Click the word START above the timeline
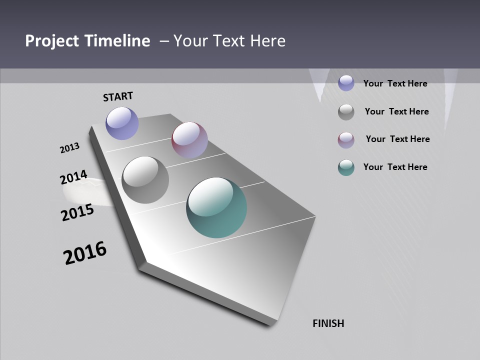118,96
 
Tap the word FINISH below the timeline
328,323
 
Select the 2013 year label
70,148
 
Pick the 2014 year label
73,177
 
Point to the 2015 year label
77,212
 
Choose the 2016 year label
85,253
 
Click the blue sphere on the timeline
122,123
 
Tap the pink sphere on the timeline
189,139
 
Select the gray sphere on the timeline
145,180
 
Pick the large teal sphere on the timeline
216,207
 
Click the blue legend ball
346,83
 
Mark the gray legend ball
346,112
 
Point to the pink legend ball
346,140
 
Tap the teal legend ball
346,167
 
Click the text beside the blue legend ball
395,83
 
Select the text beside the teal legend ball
395,167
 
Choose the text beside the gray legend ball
396,111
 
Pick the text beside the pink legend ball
397,139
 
